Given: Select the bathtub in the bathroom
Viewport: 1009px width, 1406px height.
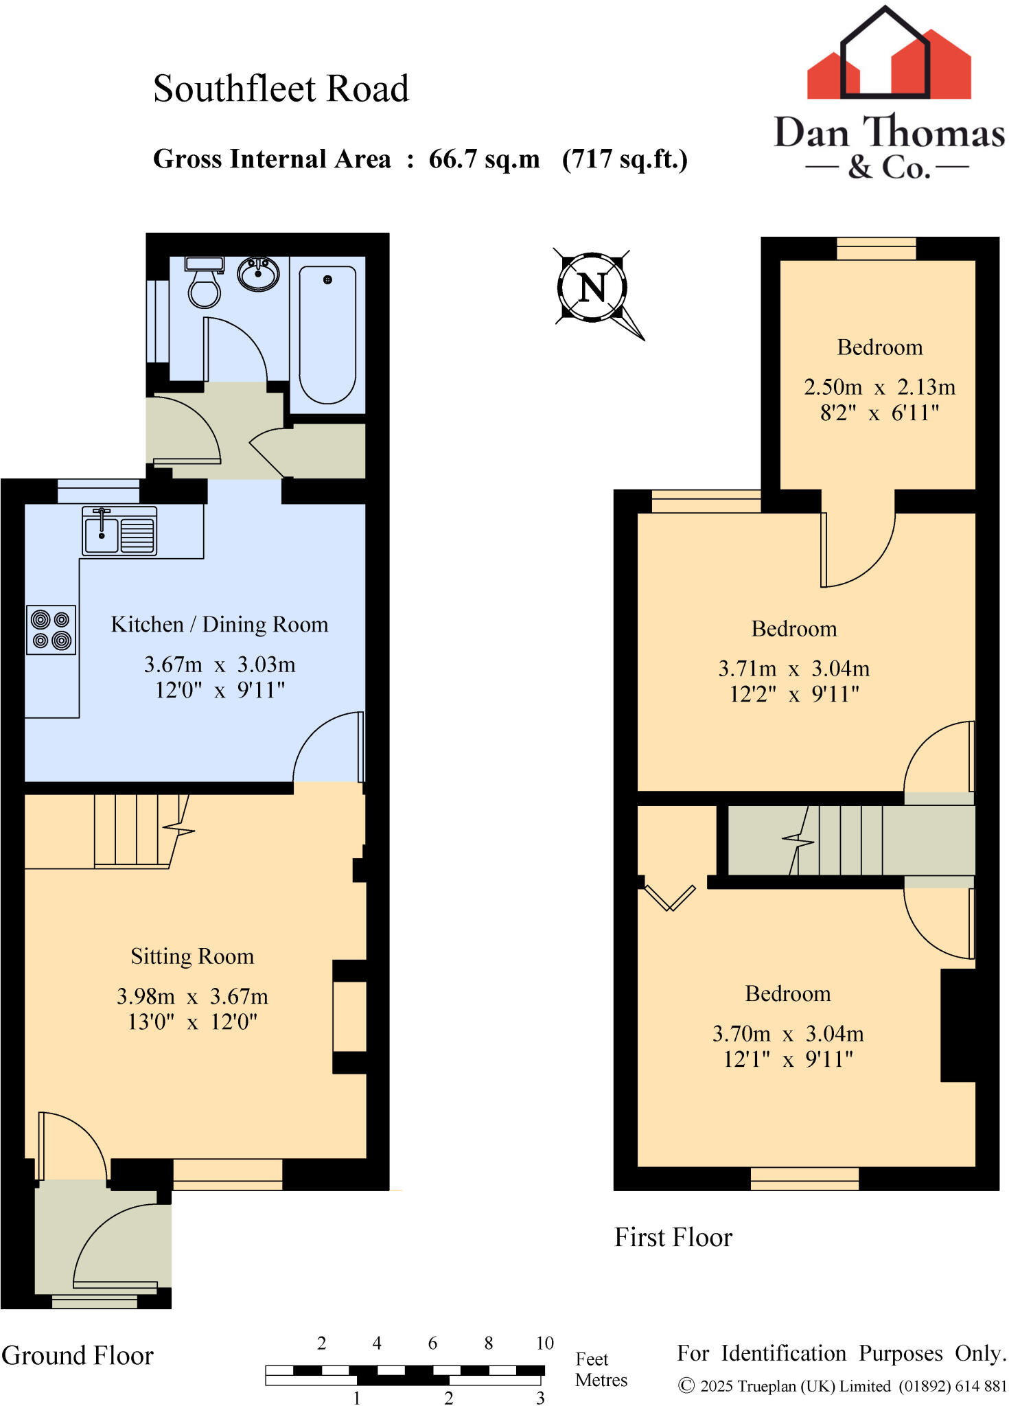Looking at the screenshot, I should click(x=327, y=335).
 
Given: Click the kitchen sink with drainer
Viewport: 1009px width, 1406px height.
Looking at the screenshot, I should click(x=119, y=531).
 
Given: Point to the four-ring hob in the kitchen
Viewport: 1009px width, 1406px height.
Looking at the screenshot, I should click(x=51, y=630).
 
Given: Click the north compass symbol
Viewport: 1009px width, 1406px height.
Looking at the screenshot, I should click(x=592, y=287).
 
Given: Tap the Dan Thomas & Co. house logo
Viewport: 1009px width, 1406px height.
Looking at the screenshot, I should click(x=888, y=55).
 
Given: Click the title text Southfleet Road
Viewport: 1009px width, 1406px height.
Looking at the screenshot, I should click(x=281, y=89).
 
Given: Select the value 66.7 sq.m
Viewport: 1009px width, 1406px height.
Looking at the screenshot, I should click(x=484, y=159).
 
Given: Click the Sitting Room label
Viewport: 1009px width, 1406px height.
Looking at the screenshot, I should click(x=192, y=956).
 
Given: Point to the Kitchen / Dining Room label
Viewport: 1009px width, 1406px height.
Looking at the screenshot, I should click(x=220, y=625).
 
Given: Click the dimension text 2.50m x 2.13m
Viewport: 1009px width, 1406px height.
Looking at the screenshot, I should click(x=879, y=387).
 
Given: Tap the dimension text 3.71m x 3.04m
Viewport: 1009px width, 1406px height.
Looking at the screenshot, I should click(x=793, y=669).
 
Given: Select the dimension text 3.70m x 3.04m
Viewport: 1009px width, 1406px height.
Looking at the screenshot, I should click(x=788, y=1033).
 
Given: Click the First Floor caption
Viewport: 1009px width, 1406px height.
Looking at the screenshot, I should click(x=673, y=1238).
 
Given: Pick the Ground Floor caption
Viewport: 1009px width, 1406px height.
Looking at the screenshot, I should click(x=78, y=1356).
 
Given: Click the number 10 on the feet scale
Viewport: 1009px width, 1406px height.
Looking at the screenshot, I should click(x=544, y=1344).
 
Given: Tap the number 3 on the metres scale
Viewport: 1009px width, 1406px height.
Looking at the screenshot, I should click(x=540, y=1398).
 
